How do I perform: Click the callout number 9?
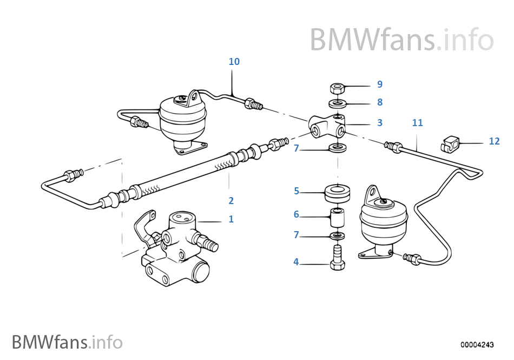[x=380, y=84]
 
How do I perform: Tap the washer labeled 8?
[x=338, y=103]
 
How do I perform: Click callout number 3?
[x=380, y=123]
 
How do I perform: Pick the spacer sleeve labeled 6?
[x=338, y=218]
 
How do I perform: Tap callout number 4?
[x=296, y=262]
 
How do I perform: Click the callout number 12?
[x=494, y=141]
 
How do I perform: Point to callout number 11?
[x=417, y=123]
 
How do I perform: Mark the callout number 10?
[x=234, y=62]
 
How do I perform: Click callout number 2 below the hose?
[x=231, y=200]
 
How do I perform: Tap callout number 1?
[x=231, y=219]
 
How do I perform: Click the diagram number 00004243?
[x=477, y=344]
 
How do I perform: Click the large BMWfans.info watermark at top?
[x=401, y=40]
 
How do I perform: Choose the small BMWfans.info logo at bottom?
[x=67, y=342]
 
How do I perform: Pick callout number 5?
[x=296, y=191]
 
